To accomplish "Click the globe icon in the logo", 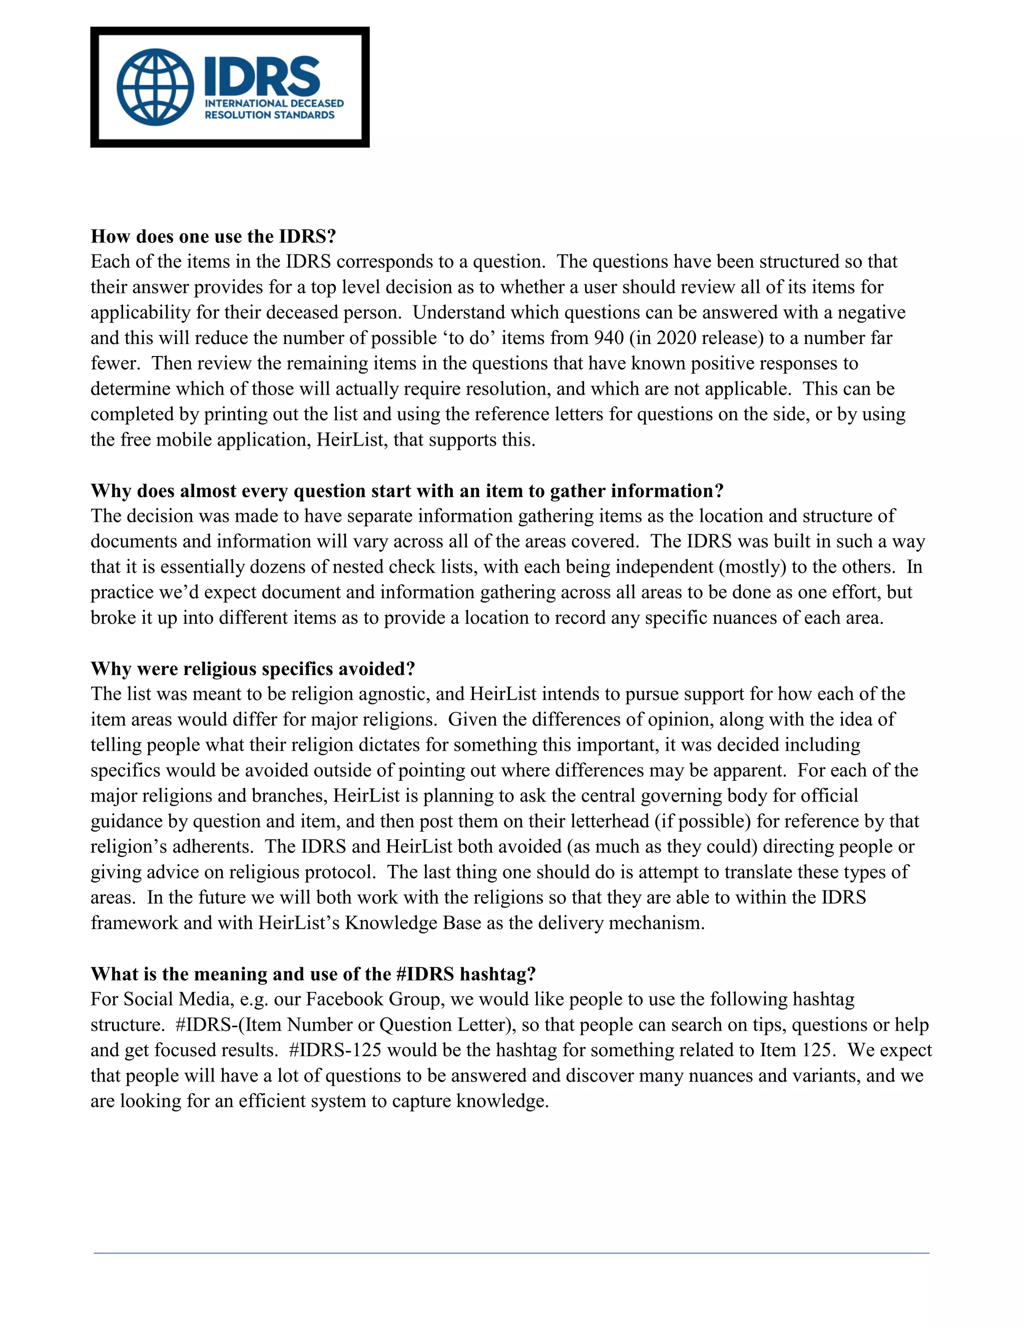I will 156,88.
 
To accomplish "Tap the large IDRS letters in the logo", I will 262,76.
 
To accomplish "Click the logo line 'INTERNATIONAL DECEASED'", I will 274,103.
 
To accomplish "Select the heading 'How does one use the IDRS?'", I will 213,236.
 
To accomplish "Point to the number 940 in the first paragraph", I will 609,338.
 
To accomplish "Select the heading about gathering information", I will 407,490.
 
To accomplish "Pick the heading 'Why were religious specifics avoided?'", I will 253,669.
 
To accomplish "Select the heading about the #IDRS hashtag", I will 313,974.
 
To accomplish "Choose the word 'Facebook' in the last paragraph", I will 344,1000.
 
